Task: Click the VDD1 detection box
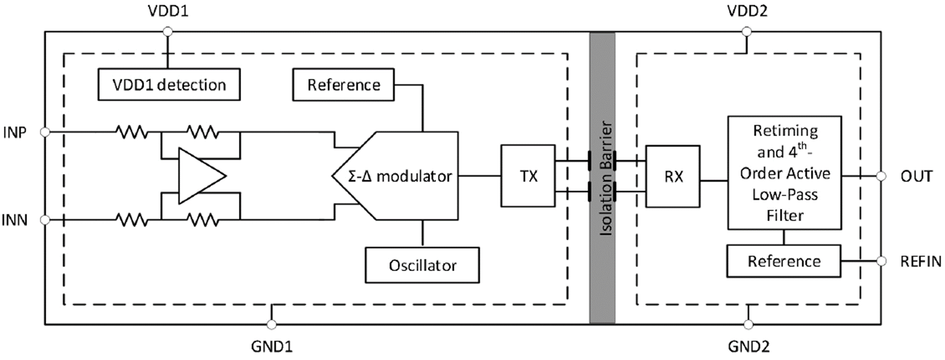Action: pos(169,85)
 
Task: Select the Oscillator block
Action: pos(422,265)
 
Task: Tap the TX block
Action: pos(528,176)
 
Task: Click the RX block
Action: pos(672,176)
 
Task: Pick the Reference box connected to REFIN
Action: pos(783,261)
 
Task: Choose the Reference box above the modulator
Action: pos(343,85)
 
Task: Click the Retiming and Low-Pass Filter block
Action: pos(784,173)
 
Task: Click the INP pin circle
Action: pos(45,132)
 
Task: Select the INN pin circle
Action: pos(45,220)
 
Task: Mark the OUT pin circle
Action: pos(881,176)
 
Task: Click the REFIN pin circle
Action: pos(881,261)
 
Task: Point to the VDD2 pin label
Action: pos(747,11)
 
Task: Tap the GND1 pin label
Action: pos(272,347)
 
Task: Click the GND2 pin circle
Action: pos(748,325)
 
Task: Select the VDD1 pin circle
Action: pos(167,32)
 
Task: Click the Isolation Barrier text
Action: pos(606,178)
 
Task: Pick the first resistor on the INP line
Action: pos(132,132)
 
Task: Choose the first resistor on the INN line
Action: pos(132,220)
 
